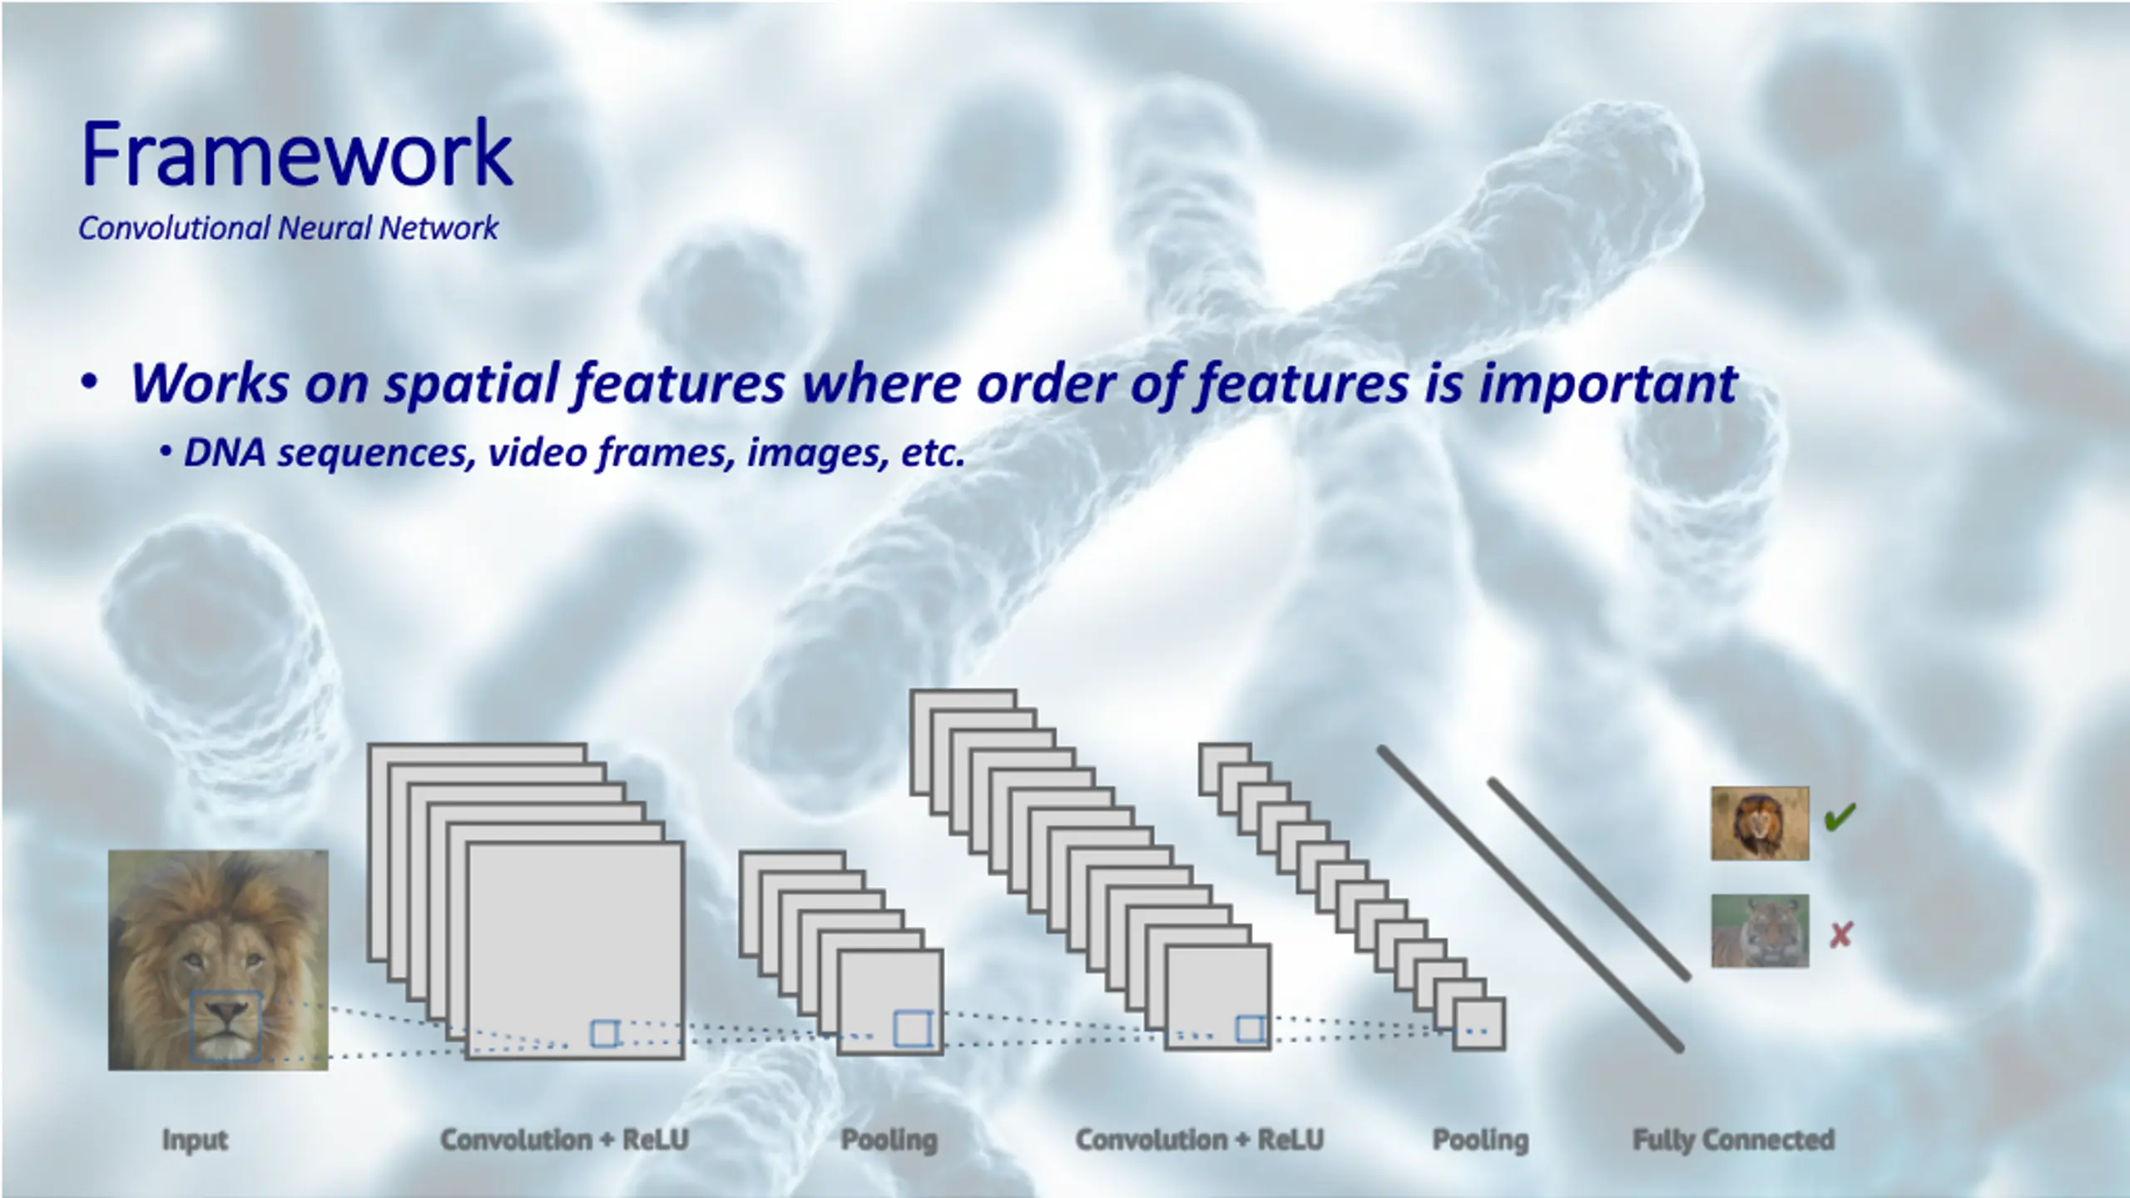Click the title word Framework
pyautogui.click(x=296, y=154)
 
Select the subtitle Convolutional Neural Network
pyautogui.click(x=288, y=228)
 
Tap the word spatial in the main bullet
pyautogui.click(x=473, y=384)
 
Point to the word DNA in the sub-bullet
pyautogui.click(x=225, y=453)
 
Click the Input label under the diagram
pyautogui.click(x=195, y=1140)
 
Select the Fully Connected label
pyautogui.click(x=1733, y=1140)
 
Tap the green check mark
pyautogui.click(x=1840, y=817)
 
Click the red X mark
pyautogui.click(x=1840, y=935)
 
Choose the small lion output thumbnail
pyautogui.click(x=1760, y=824)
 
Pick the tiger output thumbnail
pyautogui.click(x=1760, y=931)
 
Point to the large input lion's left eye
pyautogui.click(x=193, y=961)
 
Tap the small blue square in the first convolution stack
pyautogui.click(x=605, y=1033)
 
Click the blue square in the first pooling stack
pyautogui.click(x=912, y=1029)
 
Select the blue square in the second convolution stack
pyautogui.click(x=1251, y=1029)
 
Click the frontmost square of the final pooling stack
pyautogui.click(x=1479, y=1024)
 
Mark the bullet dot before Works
pyautogui.click(x=90, y=384)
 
